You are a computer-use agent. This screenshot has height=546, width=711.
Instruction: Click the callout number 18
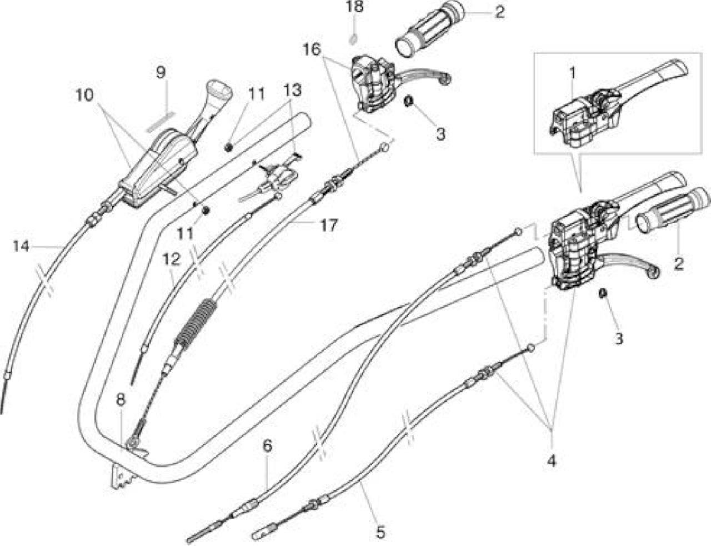click(354, 7)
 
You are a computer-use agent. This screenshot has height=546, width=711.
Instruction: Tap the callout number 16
click(311, 50)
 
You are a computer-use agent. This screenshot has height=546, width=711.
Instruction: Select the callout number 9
click(161, 72)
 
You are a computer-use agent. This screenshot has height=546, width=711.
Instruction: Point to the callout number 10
click(84, 95)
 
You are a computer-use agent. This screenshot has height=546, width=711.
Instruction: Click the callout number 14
click(21, 246)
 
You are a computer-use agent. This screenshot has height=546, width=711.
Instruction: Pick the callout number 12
click(171, 259)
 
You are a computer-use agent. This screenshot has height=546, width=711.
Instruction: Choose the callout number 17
click(328, 226)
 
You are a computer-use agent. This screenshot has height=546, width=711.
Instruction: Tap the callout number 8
click(121, 400)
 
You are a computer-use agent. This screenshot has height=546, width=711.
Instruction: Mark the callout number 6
click(267, 446)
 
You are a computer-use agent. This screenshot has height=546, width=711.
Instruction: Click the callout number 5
click(380, 533)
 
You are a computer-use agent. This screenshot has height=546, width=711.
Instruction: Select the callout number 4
click(552, 461)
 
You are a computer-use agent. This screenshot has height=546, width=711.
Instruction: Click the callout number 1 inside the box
click(572, 73)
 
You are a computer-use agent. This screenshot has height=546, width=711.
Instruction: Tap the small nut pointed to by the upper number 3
click(407, 102)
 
